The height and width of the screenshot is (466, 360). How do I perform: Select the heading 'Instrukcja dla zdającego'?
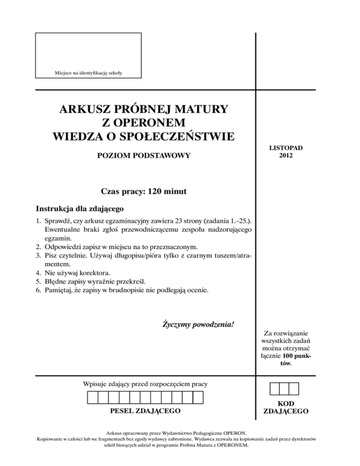click(x=80, y=208)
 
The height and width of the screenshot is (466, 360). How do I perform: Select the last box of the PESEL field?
click(x=197, y=398)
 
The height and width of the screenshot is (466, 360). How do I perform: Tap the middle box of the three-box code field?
click(x=284, y=389)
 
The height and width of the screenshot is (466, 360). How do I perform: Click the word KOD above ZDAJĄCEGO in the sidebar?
click(x=285, y=404)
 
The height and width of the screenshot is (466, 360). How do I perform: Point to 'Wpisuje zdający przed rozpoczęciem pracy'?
click(x=145, y=384)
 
